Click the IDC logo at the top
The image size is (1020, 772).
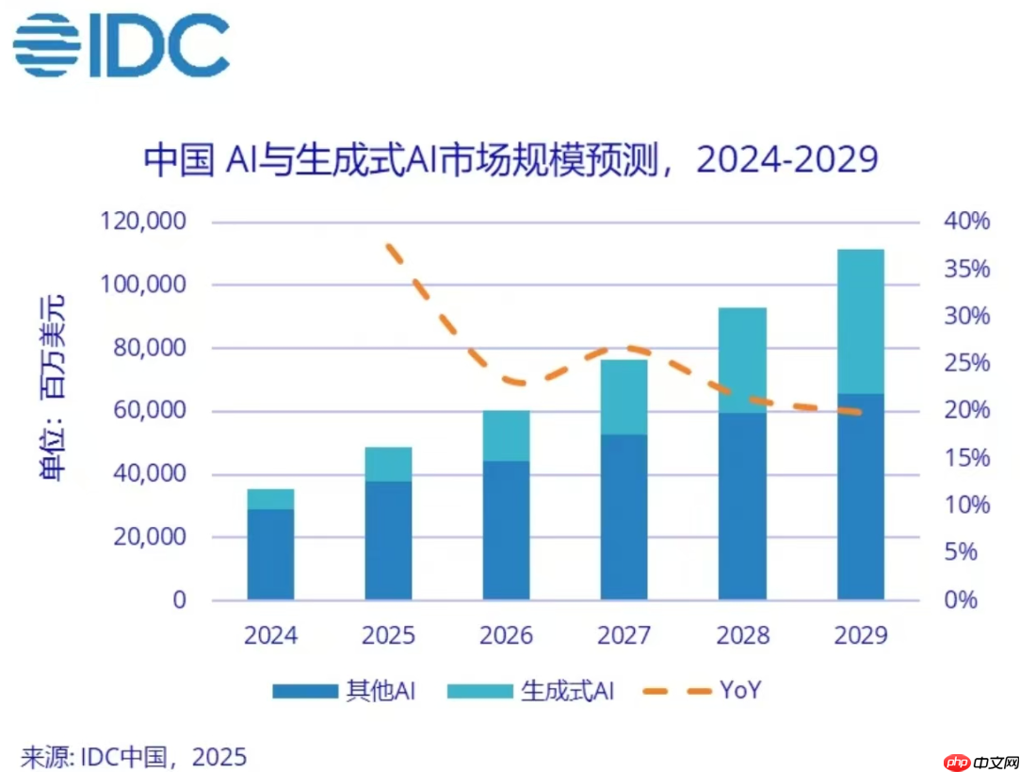121,45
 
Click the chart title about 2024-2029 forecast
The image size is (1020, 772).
510,158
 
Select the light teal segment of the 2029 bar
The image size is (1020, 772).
861,321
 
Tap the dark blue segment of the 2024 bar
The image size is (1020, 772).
271,554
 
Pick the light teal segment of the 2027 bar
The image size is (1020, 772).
624,397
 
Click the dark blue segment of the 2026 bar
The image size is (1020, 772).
507,530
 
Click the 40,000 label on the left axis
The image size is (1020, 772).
147,474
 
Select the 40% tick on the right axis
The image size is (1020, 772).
966,222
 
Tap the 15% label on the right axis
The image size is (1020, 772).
966,458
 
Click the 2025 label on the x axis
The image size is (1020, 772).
388,635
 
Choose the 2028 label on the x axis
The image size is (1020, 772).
742,635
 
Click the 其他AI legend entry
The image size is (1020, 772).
344,691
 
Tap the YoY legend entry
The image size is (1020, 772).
702,691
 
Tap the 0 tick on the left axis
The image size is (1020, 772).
179,600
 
